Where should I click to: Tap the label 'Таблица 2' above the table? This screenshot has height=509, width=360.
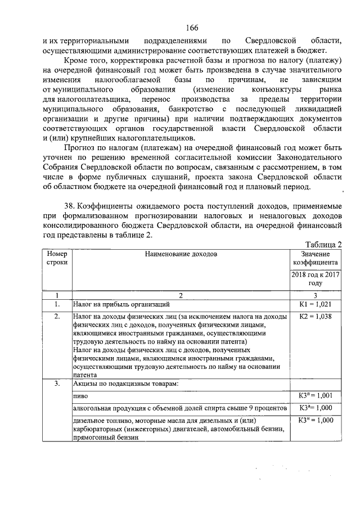[x=322, y=244]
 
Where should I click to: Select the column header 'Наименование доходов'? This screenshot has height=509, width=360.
[x=180, y=254]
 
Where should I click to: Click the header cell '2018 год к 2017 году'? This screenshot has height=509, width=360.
[x=314, y=279]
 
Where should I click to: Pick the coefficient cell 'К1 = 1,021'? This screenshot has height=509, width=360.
[x=314, y=305]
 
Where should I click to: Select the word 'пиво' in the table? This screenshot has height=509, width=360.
[x=81, y=397]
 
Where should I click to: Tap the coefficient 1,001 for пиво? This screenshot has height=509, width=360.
[x=314, y=397]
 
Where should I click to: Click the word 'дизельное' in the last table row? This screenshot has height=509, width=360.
[x=89, y=420]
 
